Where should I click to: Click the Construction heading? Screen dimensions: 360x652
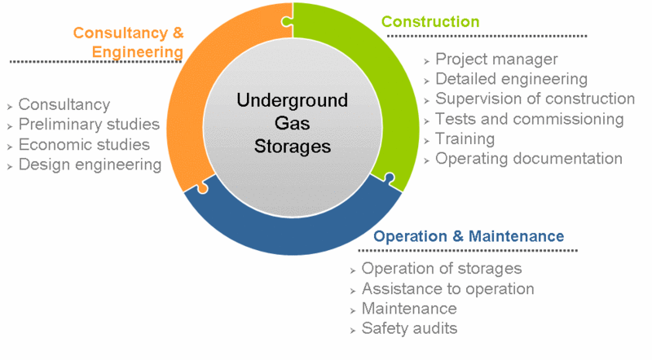(430, 21)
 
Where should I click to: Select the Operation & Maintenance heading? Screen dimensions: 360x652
(469, 236)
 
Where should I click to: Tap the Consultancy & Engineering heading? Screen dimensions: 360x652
(128, 42)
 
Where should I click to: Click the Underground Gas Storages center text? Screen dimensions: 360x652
(292, 124)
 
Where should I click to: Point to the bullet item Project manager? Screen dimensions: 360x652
(496, 59)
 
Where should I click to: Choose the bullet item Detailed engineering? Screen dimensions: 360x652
(511, 79)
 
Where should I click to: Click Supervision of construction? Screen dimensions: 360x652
(535, 99)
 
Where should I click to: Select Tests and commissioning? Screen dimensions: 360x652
(529, 119)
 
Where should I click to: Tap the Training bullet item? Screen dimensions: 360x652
(465, 138)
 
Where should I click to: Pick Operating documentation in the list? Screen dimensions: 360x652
(528, 159)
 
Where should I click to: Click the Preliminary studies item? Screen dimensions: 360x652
(89, 125)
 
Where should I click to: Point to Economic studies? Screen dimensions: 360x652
(84, 145)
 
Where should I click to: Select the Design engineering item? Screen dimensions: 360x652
(90, 165)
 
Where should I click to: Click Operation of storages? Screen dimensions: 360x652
(441, 269)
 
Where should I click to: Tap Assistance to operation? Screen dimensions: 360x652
(447, 289)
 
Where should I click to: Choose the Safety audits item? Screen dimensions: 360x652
(409, 329)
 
